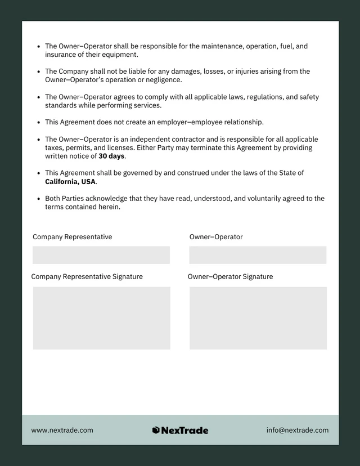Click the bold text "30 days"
tap(111, 156)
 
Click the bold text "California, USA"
tap(70, 182)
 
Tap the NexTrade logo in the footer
tap(180, 430)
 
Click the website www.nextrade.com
tap(62, 430)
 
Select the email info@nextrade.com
tap(298, 430)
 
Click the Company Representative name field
tap(101, 255)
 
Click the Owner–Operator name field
tap(258, 255)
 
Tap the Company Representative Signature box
tap(101, 318)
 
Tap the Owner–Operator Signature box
tap(258, 318)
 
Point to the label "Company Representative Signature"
tap(87, 276)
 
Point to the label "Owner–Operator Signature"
tap(230, 276)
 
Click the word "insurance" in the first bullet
tap(60, 55)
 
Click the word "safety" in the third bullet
tap(309, 97)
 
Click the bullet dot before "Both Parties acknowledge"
tap(38, 199)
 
